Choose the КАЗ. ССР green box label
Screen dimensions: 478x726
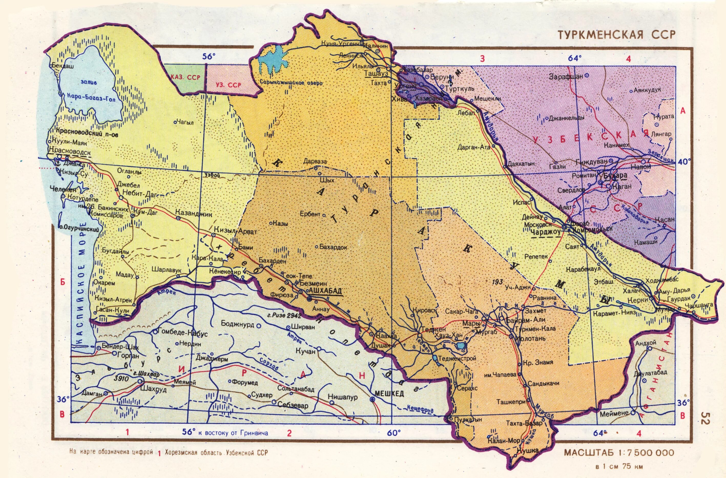(x=185, y=77)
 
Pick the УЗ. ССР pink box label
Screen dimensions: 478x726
(x=229, y=85)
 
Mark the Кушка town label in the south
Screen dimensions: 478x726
(x=528, y=450)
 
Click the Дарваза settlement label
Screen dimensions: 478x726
(x=315, y=161)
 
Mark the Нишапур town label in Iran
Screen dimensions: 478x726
(x=342, y=397)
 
